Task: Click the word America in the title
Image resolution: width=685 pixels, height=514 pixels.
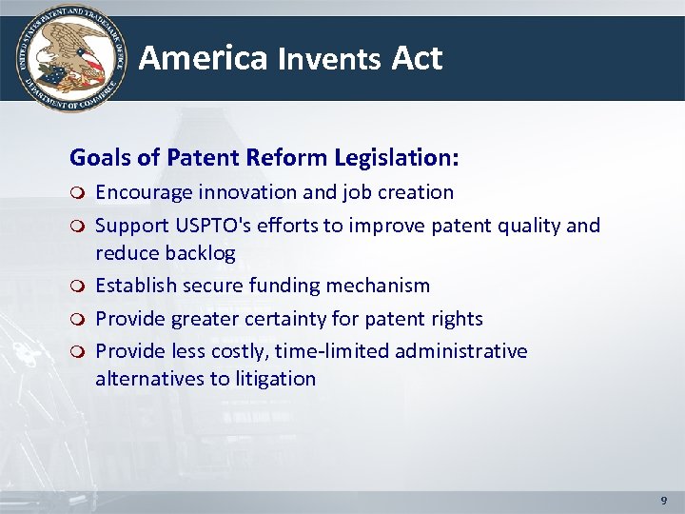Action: [x=204, y=58]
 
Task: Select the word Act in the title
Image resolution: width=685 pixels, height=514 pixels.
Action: [x=417, y=59]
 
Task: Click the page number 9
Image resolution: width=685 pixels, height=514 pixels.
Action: [x=663, y=500]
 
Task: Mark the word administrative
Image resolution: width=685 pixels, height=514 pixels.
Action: [x=461, y=351]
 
